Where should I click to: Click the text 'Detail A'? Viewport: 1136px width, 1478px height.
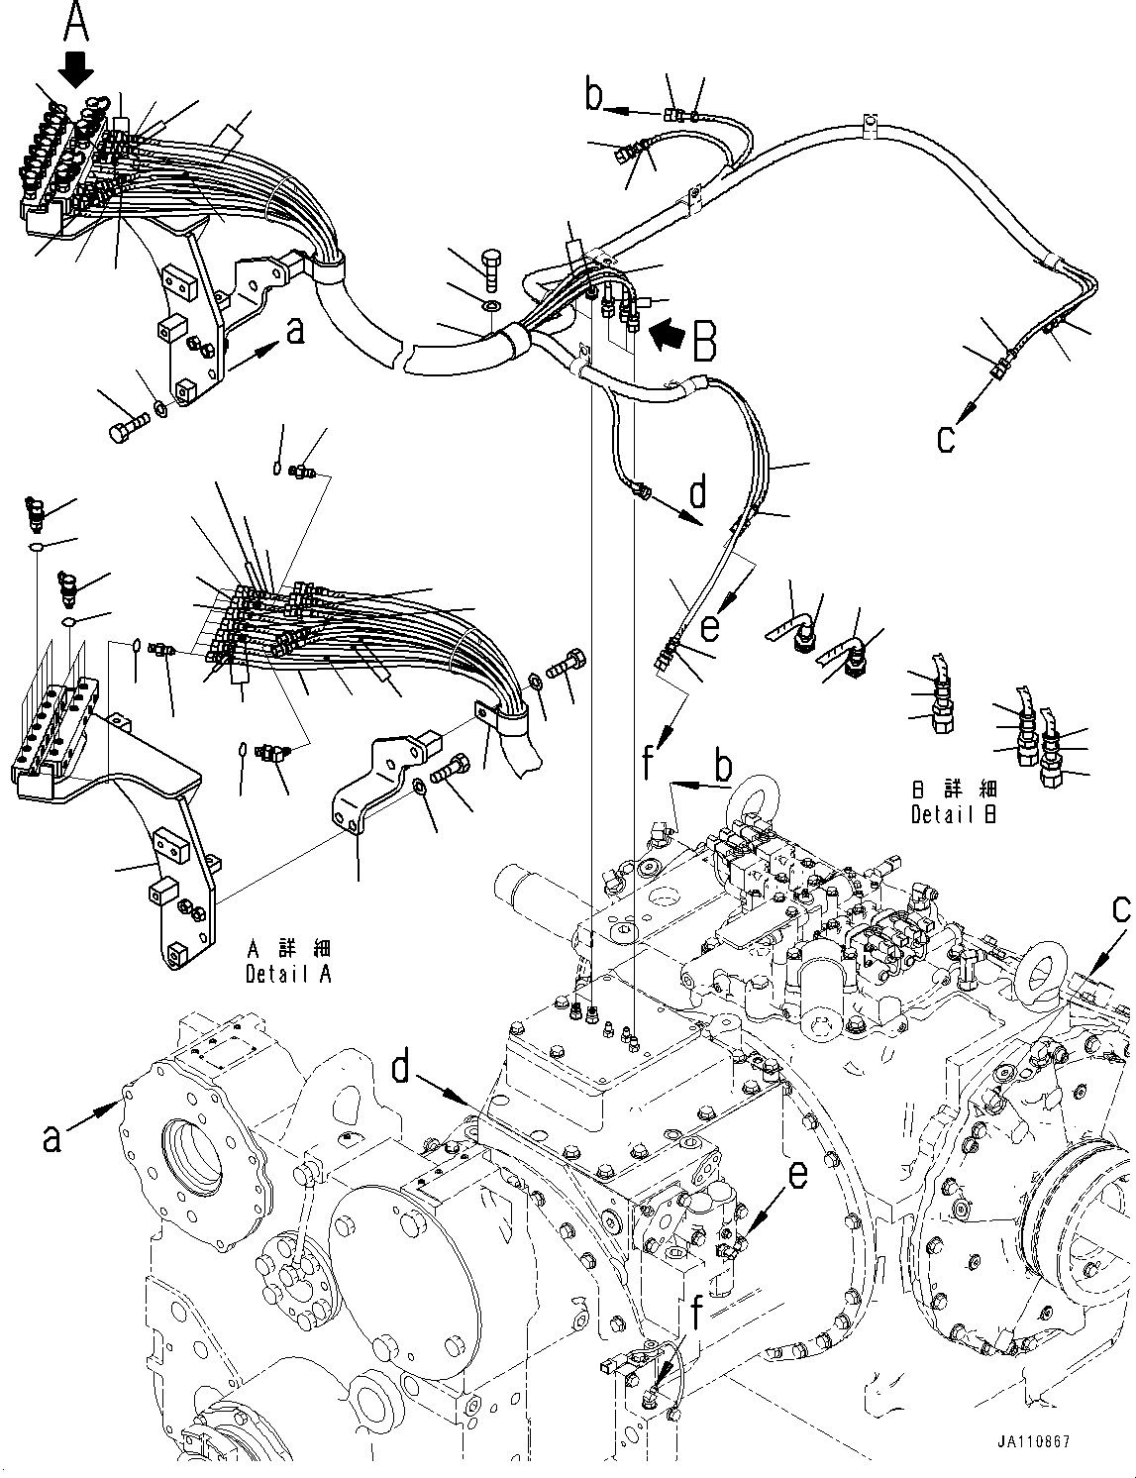coord(288,974)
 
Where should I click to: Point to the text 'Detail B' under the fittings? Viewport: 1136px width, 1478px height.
coord(953,814)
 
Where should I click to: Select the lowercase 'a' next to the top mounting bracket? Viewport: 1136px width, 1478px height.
coord(294,333)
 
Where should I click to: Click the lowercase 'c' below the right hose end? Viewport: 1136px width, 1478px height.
coord(947,438)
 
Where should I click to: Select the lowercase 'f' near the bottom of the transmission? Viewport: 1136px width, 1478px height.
coord(698,1316)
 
